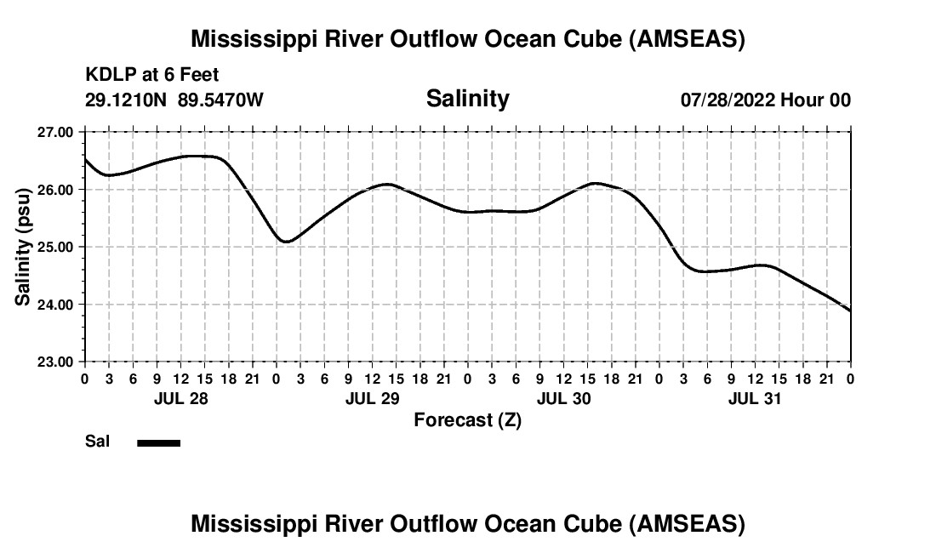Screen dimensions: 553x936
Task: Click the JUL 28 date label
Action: [180, 398]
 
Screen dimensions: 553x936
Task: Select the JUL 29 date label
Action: [372, 398]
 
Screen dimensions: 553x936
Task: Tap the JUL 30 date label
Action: [563, 398]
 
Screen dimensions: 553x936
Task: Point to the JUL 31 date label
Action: [755, 398]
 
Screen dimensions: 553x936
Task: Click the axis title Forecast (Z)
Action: [467, 419]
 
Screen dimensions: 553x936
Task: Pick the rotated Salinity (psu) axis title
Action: [23, 247]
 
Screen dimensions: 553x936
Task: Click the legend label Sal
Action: [97, 442]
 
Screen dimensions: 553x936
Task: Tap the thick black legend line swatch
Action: [159, 442]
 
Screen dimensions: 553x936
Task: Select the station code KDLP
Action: [107, 75]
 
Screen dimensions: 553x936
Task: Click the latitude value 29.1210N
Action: [126, 100]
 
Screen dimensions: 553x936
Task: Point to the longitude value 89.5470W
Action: [220, 100]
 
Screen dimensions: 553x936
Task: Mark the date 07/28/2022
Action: [727, 100]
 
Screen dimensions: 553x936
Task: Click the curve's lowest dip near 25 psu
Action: [286, 242]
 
